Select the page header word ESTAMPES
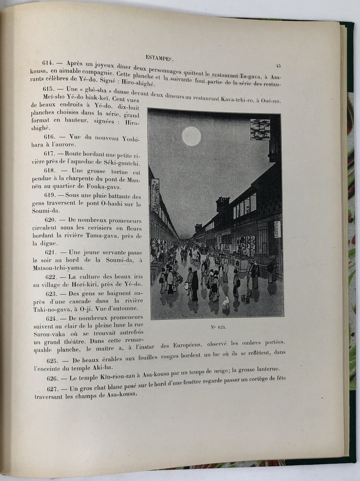[x=158, y=57]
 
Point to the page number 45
[x=278, y=66]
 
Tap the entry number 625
[x=54, y=361]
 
